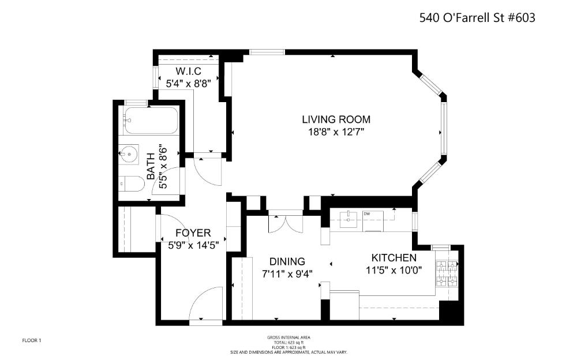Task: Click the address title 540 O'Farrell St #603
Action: (477, 18)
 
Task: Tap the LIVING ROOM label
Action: (336, 119)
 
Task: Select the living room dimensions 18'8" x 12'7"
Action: (336, 132)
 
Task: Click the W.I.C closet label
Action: (188, 71)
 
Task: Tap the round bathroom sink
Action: (130, 154)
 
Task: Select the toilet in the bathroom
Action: (132, 185)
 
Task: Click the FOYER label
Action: (193, 232)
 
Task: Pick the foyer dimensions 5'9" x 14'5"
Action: (193, 245)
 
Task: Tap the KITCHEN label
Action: (394, 257)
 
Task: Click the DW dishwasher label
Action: (366, 214)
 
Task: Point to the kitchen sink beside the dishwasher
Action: (349, 219)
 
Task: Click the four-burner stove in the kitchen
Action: (447, 273)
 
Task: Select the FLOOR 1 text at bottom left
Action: (32, 340)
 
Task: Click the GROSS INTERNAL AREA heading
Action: (288, 337)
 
